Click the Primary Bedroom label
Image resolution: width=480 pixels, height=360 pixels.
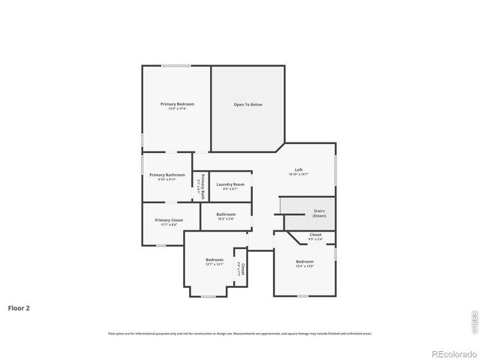(177, 103)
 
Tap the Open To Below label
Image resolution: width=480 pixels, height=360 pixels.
(247, 104)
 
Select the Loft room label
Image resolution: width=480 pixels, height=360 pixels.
(298, 169)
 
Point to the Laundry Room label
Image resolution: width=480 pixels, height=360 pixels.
(230, 184)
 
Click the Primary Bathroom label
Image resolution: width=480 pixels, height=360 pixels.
(166, 175)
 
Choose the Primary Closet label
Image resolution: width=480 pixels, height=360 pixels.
(169, 220)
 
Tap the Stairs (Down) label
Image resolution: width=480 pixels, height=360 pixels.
(319, 213)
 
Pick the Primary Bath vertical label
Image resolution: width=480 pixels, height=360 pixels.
(201, 184)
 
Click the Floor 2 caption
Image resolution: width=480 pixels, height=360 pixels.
(19, 307)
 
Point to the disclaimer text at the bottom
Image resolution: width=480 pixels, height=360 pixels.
(239, 333)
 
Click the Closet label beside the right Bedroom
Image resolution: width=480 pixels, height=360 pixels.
(316, 235)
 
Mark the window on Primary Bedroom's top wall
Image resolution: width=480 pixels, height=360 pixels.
(175, 66)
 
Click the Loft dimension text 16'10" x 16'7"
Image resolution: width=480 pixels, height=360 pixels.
(298, 174)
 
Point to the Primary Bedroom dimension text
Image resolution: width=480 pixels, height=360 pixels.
(177, 109)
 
